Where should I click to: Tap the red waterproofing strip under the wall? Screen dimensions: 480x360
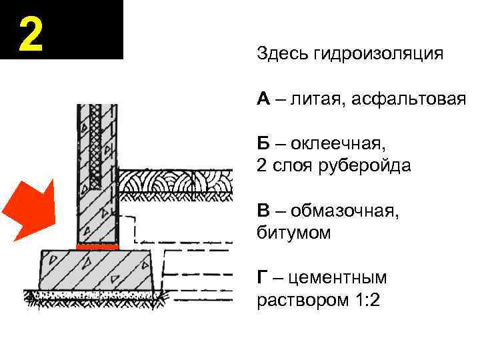[98, 247]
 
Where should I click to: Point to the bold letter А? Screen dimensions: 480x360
[264, 99]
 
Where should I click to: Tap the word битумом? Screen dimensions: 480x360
[293, 233]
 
